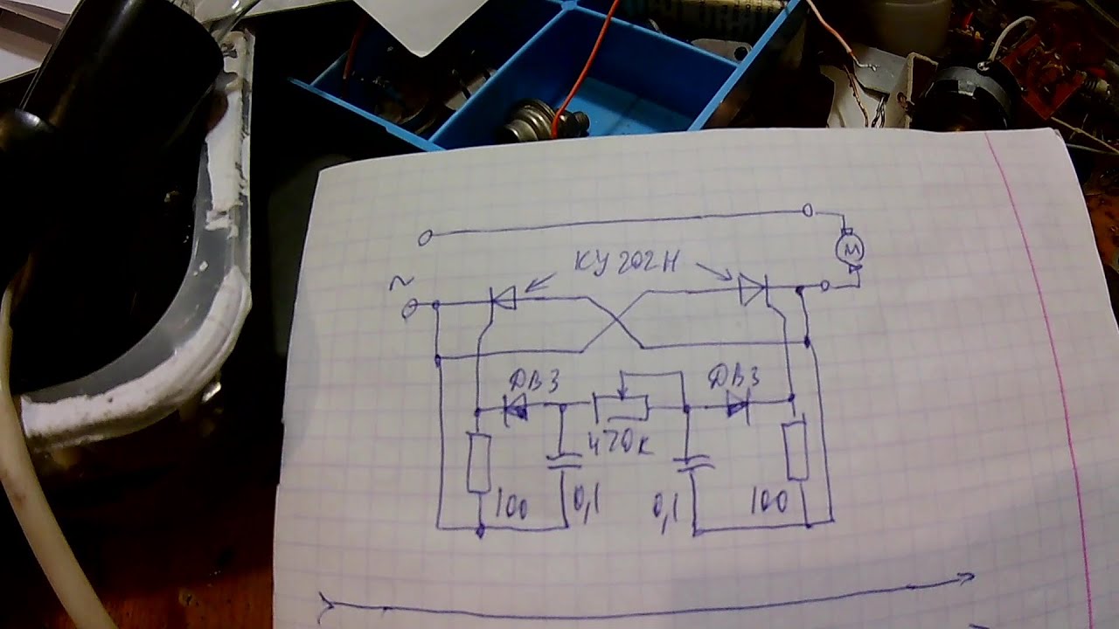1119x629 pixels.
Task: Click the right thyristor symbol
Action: coord(753,289)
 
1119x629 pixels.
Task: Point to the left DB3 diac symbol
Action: coord(516,409)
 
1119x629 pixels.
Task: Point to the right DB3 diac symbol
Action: coord(739,403)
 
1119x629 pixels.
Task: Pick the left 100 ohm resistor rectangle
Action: coord(477,461)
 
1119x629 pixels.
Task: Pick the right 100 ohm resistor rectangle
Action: coord(796,449)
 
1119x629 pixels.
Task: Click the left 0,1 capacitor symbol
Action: coord(564,460)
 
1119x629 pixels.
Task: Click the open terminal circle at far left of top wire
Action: coord(425,238)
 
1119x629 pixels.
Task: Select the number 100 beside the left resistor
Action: coord(511,506)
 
